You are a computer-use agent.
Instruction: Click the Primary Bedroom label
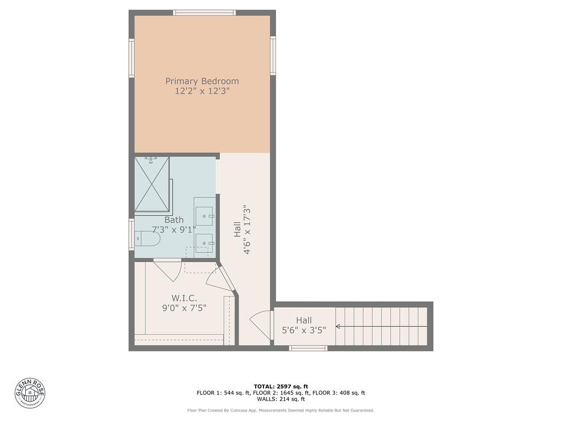[202, 81]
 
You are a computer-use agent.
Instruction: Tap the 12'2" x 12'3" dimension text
[202, 92]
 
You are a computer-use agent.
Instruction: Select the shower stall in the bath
[152, 184]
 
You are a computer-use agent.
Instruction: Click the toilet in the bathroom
[147, 239]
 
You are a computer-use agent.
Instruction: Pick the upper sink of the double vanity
[204, 216]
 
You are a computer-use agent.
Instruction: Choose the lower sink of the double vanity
[204, 242]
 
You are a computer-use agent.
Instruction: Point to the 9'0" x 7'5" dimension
[184, 309]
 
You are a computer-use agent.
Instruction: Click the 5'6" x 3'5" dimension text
[304, 330]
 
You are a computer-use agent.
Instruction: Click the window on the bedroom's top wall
[204, 13]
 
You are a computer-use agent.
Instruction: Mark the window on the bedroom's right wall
[273, 55]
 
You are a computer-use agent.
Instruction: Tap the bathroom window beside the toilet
[132, 235]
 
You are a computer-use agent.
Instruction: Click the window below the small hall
[308, 348]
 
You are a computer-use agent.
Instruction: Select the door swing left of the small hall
[262, 325]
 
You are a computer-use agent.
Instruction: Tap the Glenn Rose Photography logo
[30, 393]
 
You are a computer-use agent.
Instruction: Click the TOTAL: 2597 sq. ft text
[280, 386]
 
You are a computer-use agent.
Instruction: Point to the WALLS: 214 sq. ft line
[280, 399]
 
